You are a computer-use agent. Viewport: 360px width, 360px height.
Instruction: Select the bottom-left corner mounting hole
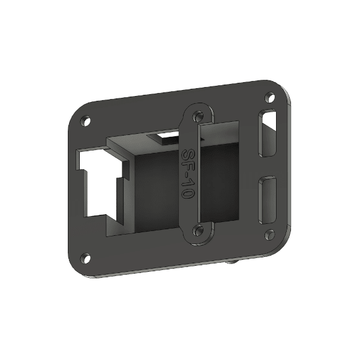(x=86, y=259)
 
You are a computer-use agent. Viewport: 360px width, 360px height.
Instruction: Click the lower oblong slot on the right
(x=267, y=201)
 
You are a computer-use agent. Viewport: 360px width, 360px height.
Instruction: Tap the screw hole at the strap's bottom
(x=197, y=230)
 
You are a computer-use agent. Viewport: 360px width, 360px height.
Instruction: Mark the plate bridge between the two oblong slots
(x=268, y=167)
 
